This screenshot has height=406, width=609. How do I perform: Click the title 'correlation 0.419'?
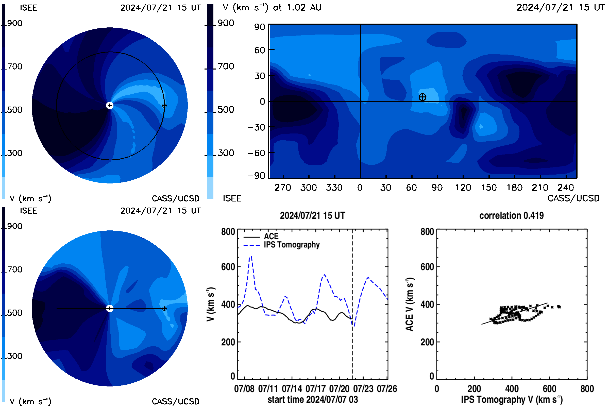pyautogui.click(x=511, y=215)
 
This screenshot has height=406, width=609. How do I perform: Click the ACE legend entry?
pyautogui.click(x=261, y=236)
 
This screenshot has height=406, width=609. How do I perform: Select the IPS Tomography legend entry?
pyautogui.click(x=282, y=245)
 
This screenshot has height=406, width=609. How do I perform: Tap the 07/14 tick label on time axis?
pyautogui.click(x=292, y=389)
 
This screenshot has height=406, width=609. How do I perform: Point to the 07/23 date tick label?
pyautogui.click(x=363, y=389)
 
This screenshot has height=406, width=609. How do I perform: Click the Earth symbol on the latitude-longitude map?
pyautogui.click(x=422, y=97)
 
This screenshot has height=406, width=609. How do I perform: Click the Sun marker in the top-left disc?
pyautogui.click(x=110, y=105)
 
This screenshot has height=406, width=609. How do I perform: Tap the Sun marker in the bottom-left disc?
pyautogui.click(x=110, y=308)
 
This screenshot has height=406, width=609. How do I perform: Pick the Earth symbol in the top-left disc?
pyautogui.click(x=164, y=106)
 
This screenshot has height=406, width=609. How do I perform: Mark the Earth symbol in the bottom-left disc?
pyautogui.click(x=164, y=309)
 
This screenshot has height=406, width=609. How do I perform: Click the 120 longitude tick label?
pyautogui.click(x=463, y=188)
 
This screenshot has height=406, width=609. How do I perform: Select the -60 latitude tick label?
pyautogui.click(x=256, y=153)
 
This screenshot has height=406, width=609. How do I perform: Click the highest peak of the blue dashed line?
pyautogui.click(x=251, y=256)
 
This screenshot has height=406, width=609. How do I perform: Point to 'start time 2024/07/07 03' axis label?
pyautogui.click(x=313, y=399)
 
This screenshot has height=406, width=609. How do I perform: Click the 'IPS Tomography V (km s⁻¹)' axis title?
pyautogui.click(x=512, y=399)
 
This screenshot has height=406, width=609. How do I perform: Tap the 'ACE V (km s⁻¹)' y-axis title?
pyautogui.click(x=410, y=304)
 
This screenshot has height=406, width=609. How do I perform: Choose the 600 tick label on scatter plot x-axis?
pyautogui.click(x=549, y=389)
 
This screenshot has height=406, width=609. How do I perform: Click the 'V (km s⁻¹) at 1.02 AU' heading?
pyautogui.click(x=272, y=8)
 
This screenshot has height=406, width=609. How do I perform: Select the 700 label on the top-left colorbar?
pyautogui.click(x=15, y=66)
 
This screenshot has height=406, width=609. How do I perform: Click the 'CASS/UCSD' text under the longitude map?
pyautogui.click(x=573, y=198)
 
